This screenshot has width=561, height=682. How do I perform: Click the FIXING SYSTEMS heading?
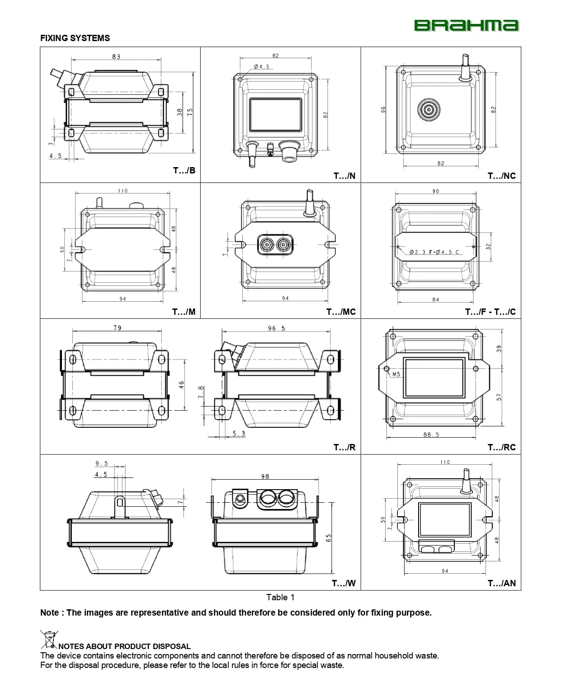coord(75,38)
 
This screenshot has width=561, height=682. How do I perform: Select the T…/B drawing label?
coord(184,170)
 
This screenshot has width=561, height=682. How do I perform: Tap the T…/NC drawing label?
coord(501,176)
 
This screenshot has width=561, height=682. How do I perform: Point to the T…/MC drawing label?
coord(341,312)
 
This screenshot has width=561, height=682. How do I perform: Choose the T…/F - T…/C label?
coord(490,312)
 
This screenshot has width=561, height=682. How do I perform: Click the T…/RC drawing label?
coord(501,447)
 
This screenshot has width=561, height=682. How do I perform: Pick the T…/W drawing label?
coord(344,583)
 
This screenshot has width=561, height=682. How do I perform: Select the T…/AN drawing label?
coord(501,583)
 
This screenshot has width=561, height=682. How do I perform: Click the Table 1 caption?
coord(280,597)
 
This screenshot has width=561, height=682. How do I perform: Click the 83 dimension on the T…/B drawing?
coord(116,56)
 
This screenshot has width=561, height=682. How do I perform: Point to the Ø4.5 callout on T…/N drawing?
coord(261,66)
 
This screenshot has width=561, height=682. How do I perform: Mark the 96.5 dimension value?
coord(276,328)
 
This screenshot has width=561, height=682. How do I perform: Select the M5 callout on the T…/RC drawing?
coord(396,374)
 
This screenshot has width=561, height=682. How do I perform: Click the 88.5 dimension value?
coord(431,434)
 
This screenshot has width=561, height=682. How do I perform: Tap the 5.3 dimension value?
coord(239,434)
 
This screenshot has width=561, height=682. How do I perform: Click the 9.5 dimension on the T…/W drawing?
coord(102,463)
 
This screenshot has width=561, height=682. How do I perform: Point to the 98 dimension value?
coord(265,476)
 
